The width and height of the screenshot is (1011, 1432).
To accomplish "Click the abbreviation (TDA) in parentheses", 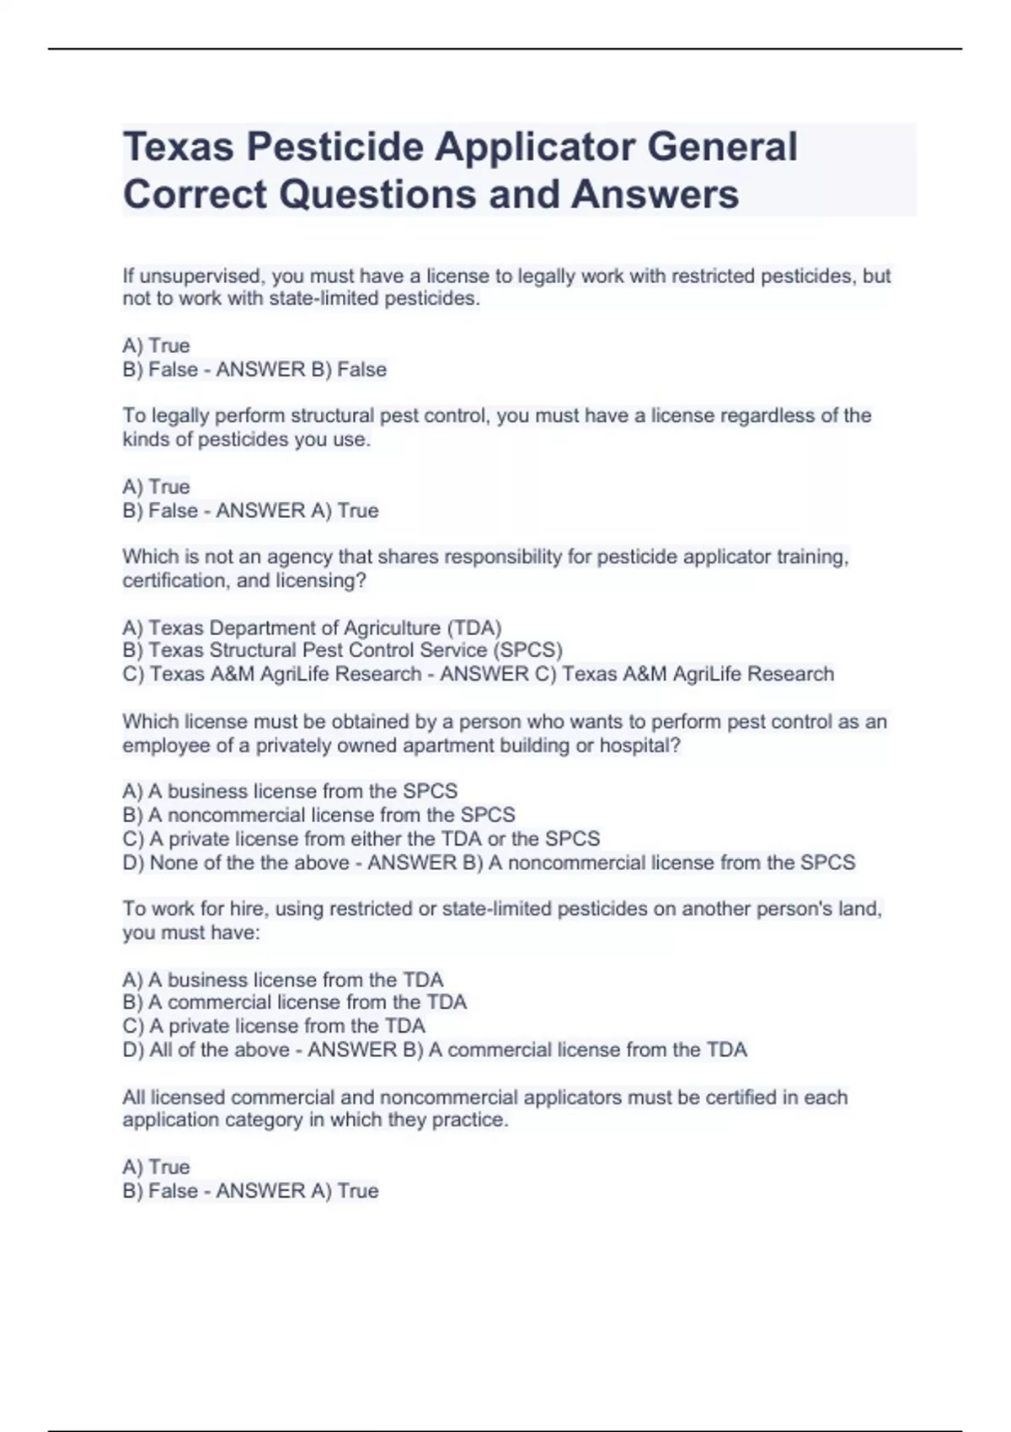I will click(x=474, y=628).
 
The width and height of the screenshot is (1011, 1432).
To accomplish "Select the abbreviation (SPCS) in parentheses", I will click(x=527, y=650).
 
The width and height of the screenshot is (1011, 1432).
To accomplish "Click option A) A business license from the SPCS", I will click(x=290, y=792).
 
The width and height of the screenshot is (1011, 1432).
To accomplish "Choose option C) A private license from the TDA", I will click(x=274, y=1026).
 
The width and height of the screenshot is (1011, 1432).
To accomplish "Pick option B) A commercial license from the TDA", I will click(x=294, y=1002).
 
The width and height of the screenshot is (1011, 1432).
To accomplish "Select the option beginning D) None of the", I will click(x=236, y=863).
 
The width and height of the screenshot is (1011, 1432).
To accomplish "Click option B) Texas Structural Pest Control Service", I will click(x=342, y=650).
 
